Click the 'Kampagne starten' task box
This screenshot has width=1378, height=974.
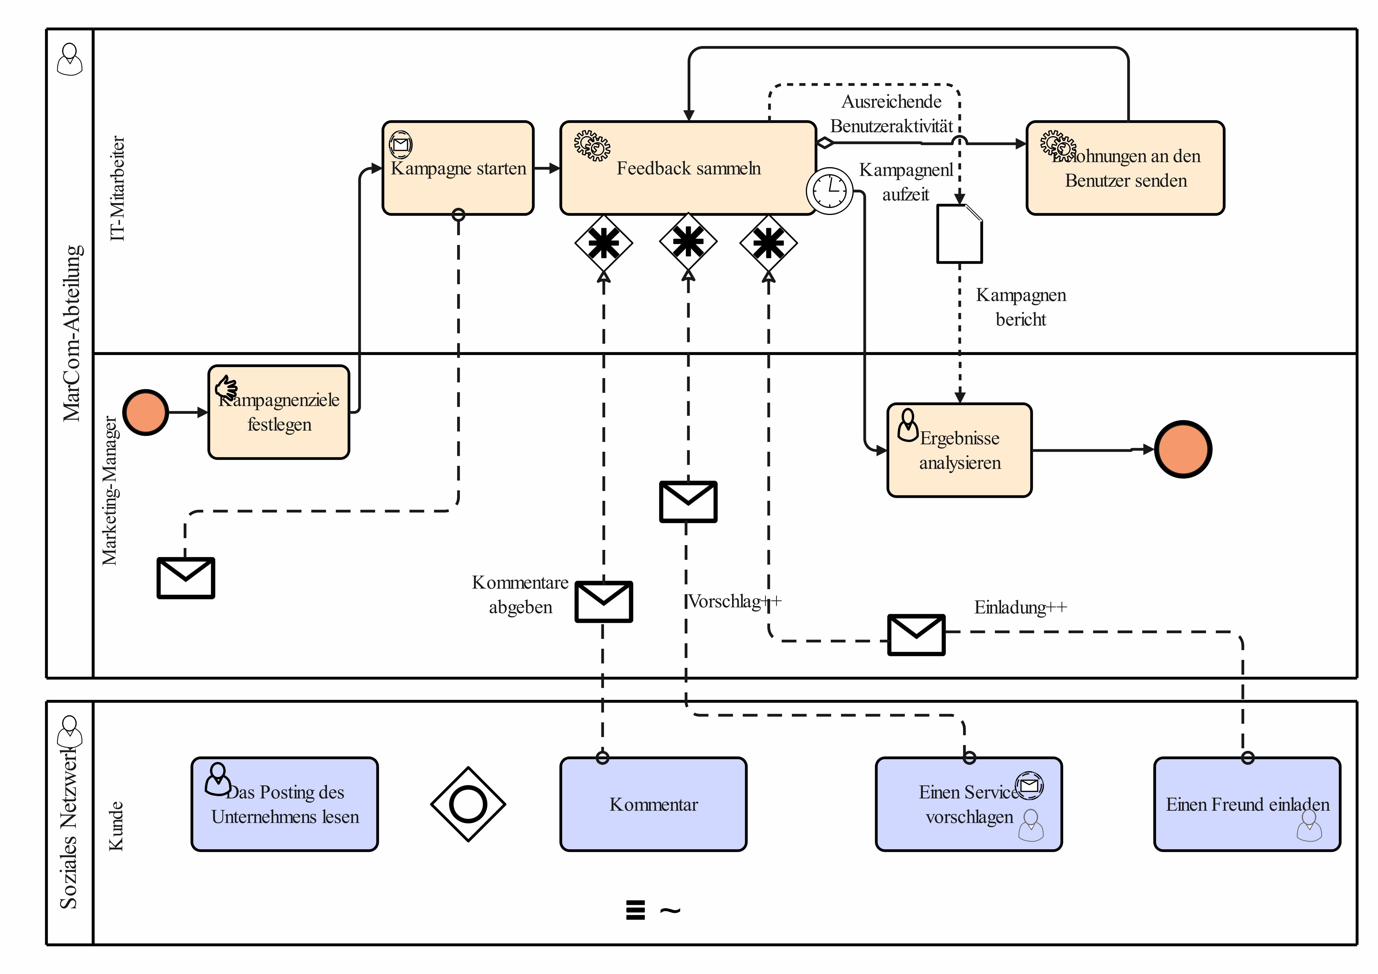pyautogui.click(x=458, y=168)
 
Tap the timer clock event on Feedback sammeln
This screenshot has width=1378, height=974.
pyautogui.click(x=829, y=191)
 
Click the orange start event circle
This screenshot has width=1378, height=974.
pyautogui.click(x=145, y=412)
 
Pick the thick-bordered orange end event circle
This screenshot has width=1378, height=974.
pyautogui.click(x=1183, y=449)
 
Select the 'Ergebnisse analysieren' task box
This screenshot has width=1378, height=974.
pyautogui.click(x=959, y=450)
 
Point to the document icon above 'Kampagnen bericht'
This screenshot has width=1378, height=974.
pyautogui.click(x=959, y=234)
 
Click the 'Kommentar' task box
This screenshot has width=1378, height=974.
pyautogui.click(x=653, y=804)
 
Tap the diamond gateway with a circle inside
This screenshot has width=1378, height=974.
pyautogui.click(x=468, y=804)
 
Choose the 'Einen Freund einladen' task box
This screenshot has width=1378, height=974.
pyautogui.click(x=1247, y=804)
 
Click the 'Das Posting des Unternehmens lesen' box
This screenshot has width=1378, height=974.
pyautogui.click(x=284, y=804)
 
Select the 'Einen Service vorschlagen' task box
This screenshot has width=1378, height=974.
pyautogui.click(x=969, y=804)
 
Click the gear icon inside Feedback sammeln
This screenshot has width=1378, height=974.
pyautogui.click(x=592, y=145)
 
